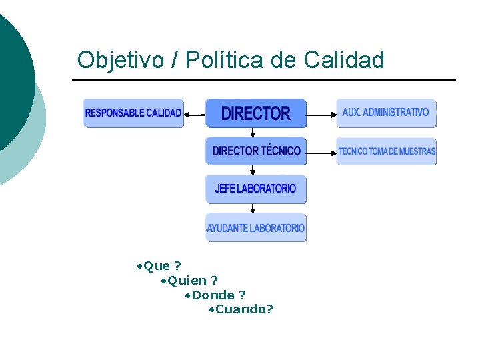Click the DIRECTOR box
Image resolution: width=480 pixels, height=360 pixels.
(255, 113)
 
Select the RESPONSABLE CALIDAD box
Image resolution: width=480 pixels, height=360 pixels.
(133, 113)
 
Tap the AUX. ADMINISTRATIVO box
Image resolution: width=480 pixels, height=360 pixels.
(386, 113)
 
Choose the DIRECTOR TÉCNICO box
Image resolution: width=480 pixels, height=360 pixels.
(256, 151)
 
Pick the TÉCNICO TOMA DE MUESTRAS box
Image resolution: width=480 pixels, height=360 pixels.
(386, 151)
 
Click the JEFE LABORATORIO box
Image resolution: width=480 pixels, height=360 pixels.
(255, 189)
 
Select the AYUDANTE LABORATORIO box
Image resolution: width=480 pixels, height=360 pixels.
(256, 227)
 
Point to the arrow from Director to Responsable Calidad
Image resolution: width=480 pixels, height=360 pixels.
(194, 114)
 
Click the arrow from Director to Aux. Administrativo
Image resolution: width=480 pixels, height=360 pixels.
(321, 115)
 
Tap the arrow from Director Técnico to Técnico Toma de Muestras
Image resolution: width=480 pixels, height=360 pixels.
(321, 153)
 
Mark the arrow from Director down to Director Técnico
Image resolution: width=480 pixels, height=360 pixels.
(253, 132)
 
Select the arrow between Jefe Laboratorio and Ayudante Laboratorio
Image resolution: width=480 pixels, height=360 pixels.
(253, 208)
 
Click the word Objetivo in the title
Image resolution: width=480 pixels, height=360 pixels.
(120, 61)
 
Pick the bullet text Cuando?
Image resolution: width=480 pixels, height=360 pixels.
(243, 309)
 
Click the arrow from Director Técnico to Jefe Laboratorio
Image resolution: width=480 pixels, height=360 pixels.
(253, 170)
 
